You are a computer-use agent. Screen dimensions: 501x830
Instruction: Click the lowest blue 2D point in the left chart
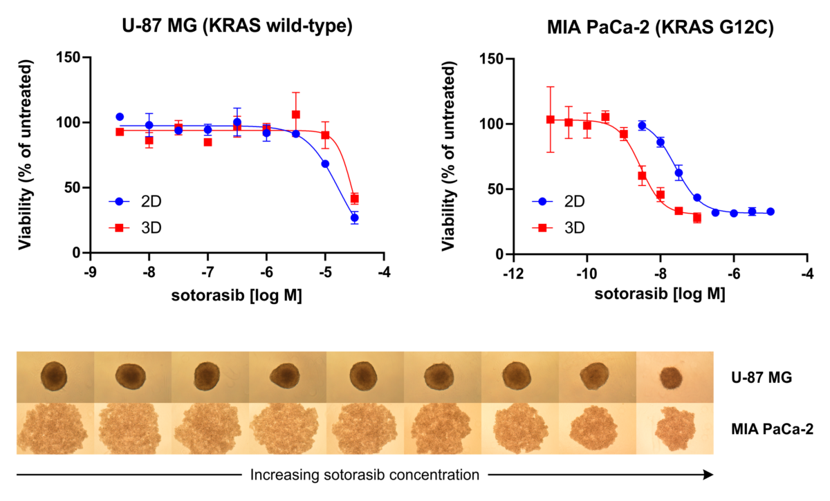(354, 218)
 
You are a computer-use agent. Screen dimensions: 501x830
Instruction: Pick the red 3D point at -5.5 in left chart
(295, 115)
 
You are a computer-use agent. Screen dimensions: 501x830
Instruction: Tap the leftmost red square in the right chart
(551, 120)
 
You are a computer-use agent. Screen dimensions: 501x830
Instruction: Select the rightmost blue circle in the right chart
(770, 211)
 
